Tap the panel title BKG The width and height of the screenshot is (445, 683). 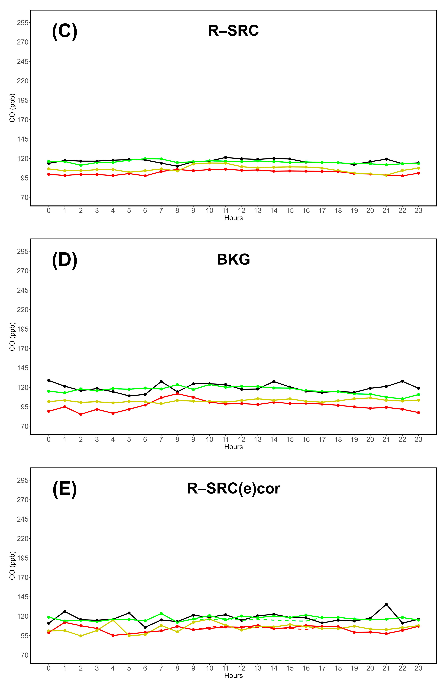233,259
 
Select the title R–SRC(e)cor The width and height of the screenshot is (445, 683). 233,488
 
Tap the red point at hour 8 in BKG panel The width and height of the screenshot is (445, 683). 177,394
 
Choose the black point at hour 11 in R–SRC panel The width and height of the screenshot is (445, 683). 226,157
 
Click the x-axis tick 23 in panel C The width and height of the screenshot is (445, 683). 418,211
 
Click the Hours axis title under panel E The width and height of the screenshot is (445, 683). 233,676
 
